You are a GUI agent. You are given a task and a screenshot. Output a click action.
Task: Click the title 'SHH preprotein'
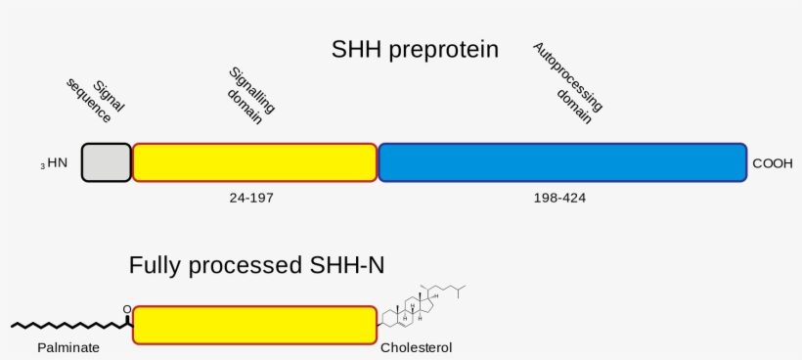(416, 49)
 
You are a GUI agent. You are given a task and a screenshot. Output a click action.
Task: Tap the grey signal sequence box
(106, 162)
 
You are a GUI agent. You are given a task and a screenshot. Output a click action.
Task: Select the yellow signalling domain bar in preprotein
(254, 162)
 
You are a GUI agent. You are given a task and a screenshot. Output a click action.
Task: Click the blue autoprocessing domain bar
(562, 162)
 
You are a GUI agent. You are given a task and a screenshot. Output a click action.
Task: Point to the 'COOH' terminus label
(773, 163)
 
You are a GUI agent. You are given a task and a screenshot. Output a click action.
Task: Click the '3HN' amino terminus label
(55, 163)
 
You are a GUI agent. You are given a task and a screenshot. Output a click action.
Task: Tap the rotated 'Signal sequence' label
(97, 101)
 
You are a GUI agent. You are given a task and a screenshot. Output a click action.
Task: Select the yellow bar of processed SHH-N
(254, 325)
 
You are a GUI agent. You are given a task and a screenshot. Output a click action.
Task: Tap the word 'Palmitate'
(68, 347)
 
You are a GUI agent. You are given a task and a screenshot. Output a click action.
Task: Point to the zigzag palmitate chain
(68, 324)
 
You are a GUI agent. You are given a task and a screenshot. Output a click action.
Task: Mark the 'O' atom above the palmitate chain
(126, 310)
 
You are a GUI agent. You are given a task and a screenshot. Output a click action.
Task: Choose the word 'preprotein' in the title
(446, 49)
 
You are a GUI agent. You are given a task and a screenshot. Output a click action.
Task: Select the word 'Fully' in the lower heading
(155, 265)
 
